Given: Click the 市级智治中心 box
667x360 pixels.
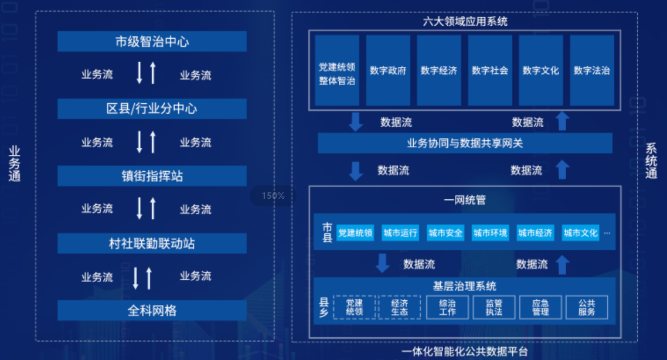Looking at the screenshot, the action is point(152,41).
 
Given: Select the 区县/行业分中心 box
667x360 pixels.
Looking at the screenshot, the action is point(152,108).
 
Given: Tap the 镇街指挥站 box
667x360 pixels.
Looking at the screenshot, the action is point(152,176).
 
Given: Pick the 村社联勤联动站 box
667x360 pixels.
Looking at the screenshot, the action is point(152,243).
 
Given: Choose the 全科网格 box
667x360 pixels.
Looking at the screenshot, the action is point(152,310).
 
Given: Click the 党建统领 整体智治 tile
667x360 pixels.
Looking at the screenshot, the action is point(337,70).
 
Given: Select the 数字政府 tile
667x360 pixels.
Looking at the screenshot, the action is point(388,70).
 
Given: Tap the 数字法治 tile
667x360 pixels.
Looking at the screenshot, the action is point(592,70).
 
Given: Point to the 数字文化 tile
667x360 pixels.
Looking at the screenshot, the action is point(540,70).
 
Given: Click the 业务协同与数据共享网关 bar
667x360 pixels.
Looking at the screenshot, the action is point(465,144).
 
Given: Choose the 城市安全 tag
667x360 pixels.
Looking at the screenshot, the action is point(445,233).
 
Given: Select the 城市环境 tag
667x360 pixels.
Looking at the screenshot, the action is point(491,233).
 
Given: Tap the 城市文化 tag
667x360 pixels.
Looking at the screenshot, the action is point(581,233).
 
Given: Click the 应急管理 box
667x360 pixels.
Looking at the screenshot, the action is point(540,307).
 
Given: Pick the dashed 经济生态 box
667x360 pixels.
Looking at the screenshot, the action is point(399,307).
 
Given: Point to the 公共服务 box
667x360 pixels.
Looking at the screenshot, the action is point(587,307).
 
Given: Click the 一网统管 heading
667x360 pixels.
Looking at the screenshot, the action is point(465,200).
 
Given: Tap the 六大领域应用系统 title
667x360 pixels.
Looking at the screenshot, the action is point(465,21).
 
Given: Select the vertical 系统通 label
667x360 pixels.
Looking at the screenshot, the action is point(651,161).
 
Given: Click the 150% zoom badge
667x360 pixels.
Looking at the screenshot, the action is point(273,196).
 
